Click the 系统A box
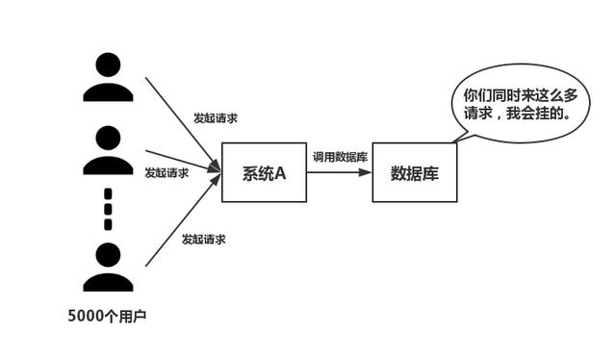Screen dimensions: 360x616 [264, 172]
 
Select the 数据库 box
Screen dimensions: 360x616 [415, 172]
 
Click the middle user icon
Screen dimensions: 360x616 [108, 149]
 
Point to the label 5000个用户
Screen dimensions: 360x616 [107, 315]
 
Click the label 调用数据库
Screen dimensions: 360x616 [339, 156]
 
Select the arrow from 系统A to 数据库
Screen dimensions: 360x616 [340, 173]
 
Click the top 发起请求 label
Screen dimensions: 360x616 [216, 118]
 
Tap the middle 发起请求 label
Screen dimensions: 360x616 [167, 173]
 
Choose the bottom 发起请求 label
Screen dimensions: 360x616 [204, 238]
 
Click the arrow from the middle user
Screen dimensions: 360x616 [183, 161]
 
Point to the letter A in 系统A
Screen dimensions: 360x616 [281, 173]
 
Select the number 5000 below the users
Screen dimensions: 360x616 [86, 315]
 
